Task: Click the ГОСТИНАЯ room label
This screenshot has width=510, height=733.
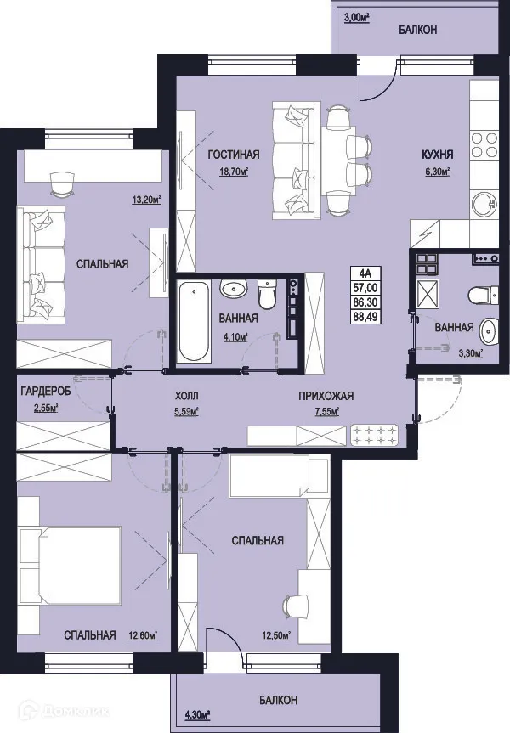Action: (233, 155)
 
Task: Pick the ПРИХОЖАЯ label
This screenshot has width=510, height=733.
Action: (325, 396)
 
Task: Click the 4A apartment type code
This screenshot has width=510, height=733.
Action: (365, 273)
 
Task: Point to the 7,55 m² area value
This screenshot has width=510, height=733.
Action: (325, 412)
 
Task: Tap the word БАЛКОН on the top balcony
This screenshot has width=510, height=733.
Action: (418, 30)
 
